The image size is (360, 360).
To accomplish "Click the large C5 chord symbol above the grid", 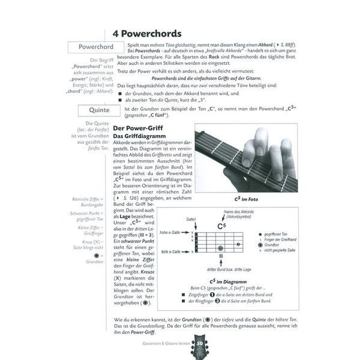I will click(x=221, y=226).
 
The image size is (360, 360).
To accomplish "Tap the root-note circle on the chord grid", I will click(x=221, y=248).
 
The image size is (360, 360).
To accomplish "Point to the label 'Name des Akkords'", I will click(x=240, y=212).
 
